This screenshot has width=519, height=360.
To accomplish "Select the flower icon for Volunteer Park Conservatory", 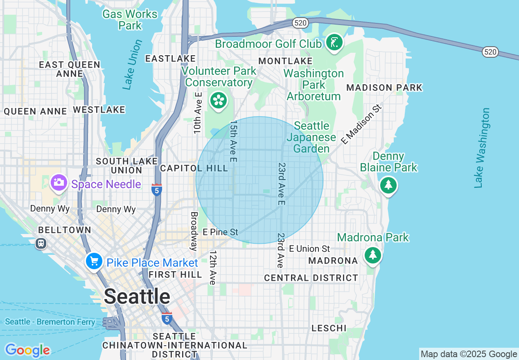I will (219, 101).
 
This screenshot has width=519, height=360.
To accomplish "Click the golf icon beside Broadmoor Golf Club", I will (334, 43).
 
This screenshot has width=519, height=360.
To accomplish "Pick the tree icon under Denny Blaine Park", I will (388, 186).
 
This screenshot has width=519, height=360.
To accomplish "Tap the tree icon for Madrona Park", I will (372, 255).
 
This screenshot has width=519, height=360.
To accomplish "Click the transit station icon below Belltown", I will (41, 243).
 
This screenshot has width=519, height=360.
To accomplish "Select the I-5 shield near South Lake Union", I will (156, 190).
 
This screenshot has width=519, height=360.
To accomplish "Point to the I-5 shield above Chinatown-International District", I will (167, 318).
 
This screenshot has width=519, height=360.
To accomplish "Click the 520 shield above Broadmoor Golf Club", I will (300, 23).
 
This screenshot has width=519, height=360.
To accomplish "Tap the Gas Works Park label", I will (130, 20).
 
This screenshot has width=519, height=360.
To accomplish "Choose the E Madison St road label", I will (361, 124).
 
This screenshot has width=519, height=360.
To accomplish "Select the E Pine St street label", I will (220, 232).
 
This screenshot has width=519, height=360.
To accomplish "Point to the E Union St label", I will (309, 249).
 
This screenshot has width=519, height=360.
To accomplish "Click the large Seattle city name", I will (137, 297).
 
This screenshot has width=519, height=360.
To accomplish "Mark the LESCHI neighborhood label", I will (329, 328).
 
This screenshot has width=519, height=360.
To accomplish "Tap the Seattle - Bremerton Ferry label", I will (50, 322).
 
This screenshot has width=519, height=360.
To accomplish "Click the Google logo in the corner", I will (27, 350).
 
